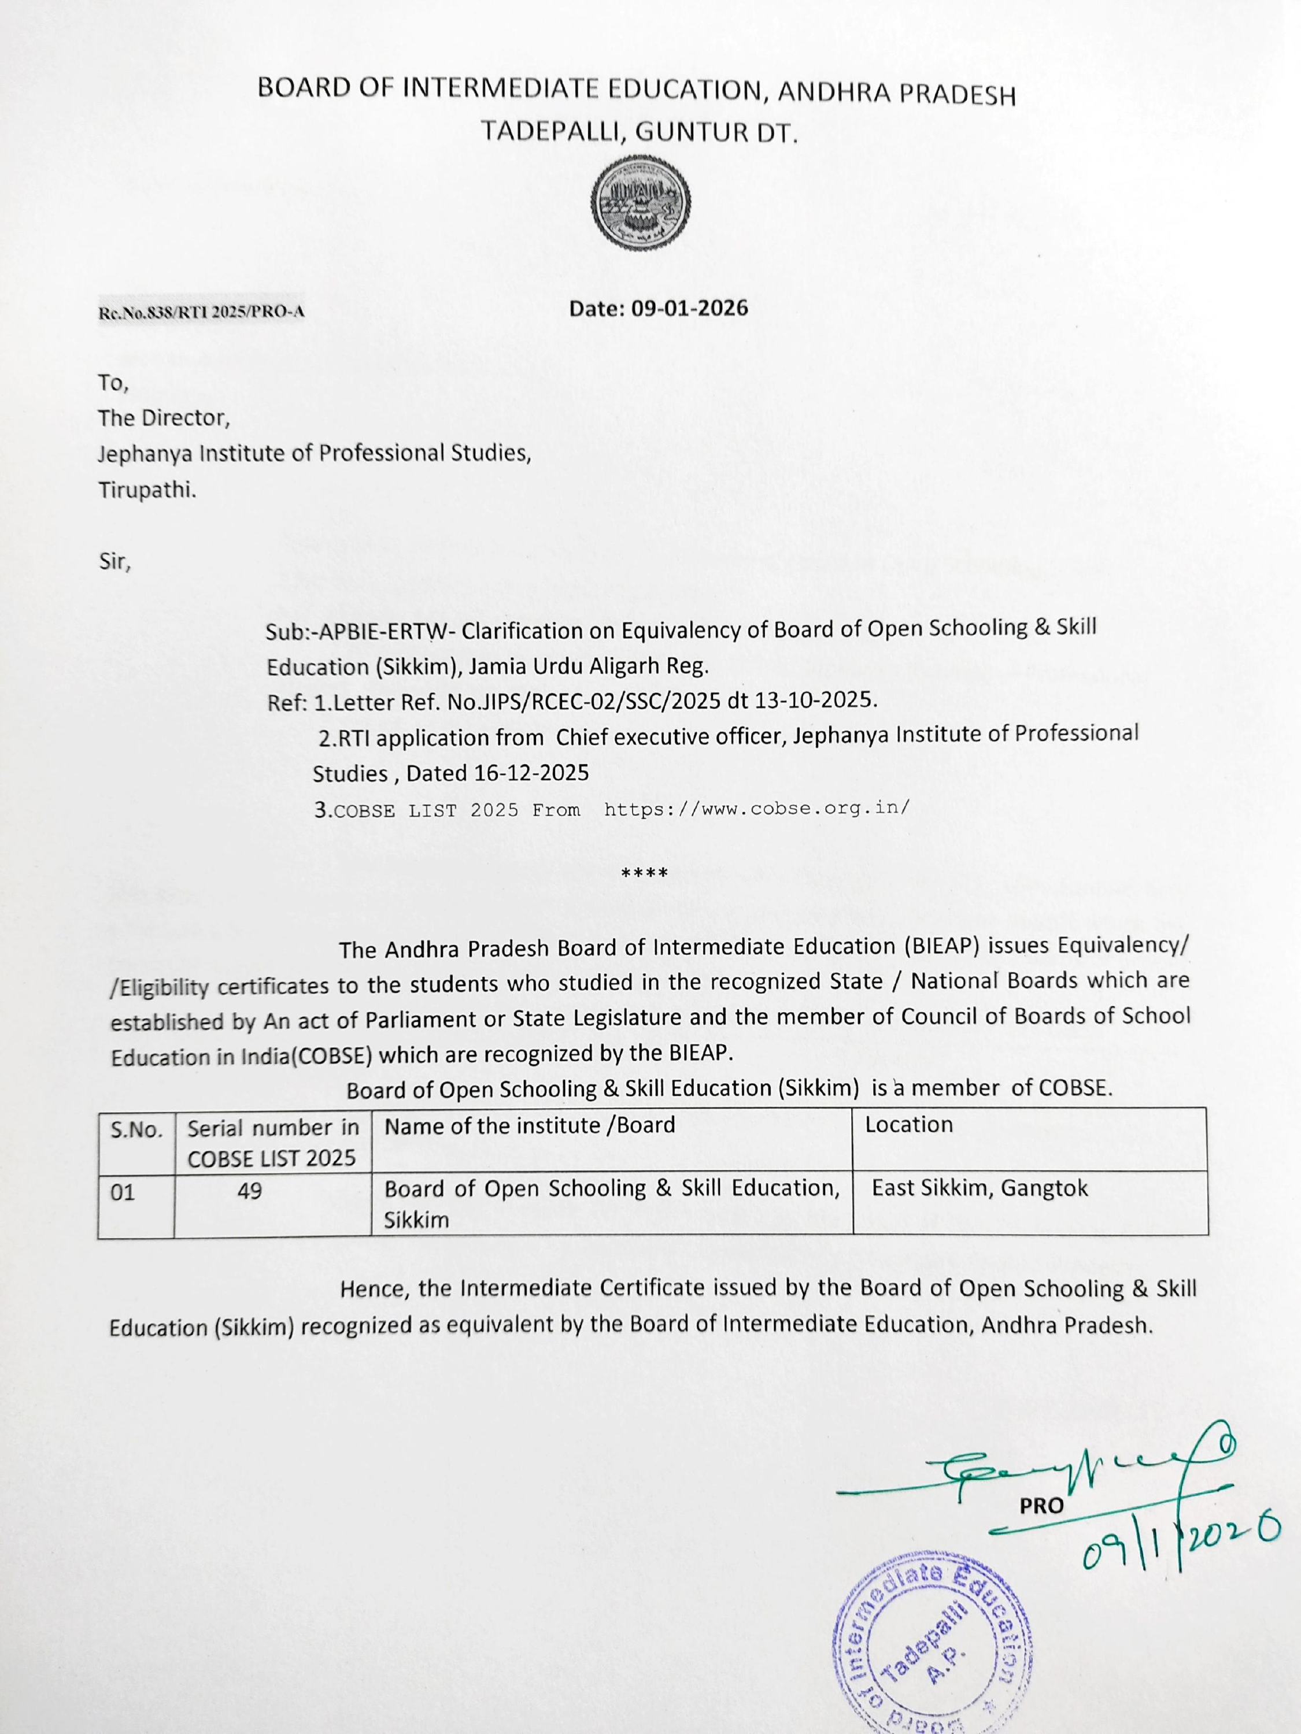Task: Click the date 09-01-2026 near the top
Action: (689, 308)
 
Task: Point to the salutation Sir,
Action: (114, 562)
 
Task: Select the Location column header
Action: (908, 1125)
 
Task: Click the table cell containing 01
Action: (123, 1193)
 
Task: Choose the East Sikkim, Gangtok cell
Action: (980, 1188)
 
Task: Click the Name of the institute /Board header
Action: (529, 1126)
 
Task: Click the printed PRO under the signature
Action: (1041, 1506)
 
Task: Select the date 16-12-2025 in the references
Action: (531, 773)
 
